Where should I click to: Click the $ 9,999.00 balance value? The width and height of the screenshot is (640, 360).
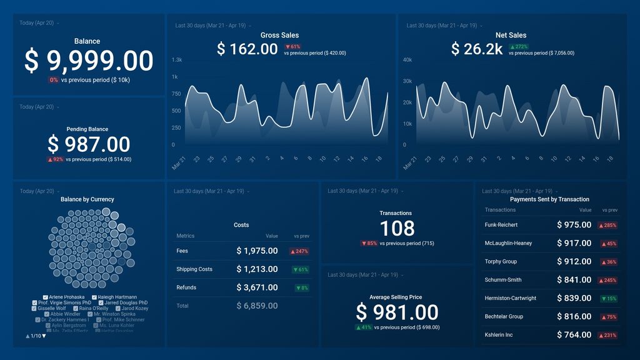(88, 61)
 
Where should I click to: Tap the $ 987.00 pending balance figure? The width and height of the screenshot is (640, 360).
(88, 144)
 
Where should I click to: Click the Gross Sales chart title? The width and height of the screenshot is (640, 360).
(280, 36)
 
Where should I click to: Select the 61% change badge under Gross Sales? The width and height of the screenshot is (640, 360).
(292, 47)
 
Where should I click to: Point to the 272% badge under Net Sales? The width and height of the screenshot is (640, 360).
(519, 47)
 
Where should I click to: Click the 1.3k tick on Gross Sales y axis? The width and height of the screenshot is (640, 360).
(177, 60)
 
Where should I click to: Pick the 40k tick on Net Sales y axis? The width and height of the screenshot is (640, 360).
(407, 60)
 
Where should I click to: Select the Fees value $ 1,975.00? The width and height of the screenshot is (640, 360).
(257, 251)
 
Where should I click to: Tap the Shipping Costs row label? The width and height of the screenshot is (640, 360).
(194, 269)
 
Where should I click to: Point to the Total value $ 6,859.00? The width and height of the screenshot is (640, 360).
(257, 306)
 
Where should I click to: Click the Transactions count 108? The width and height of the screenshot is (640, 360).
(397, 228)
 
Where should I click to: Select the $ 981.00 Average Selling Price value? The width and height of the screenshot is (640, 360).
(397, 312)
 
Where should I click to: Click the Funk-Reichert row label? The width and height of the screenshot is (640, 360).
(501, 225)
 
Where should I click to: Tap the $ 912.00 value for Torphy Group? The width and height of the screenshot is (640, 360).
(574, 262)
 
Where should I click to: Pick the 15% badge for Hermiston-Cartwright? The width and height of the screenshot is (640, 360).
(608, 299)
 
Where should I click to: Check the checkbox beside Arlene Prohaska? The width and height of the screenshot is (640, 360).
(46, 297)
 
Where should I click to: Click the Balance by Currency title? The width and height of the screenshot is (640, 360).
(87, 199)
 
